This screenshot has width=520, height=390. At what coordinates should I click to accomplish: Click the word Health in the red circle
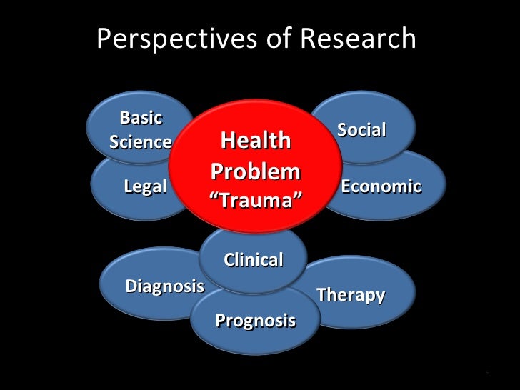point(255,141)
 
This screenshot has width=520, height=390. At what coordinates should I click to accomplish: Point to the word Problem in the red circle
point(255,172)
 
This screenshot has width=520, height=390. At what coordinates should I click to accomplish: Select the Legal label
point(145,187)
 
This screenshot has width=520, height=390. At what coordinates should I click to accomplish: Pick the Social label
point(361,129)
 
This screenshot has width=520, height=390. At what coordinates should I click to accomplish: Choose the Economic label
point(381,186)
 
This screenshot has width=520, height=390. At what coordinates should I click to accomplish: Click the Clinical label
point(254,259)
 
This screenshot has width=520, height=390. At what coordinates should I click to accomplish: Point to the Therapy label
point(351,294)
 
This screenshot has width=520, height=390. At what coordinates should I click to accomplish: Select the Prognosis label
point(255,320)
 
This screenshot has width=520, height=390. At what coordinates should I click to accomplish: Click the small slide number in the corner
point(486,373)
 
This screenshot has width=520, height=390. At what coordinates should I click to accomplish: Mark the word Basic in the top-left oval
point(141,117)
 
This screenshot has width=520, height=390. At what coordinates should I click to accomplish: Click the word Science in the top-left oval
point(141,141)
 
